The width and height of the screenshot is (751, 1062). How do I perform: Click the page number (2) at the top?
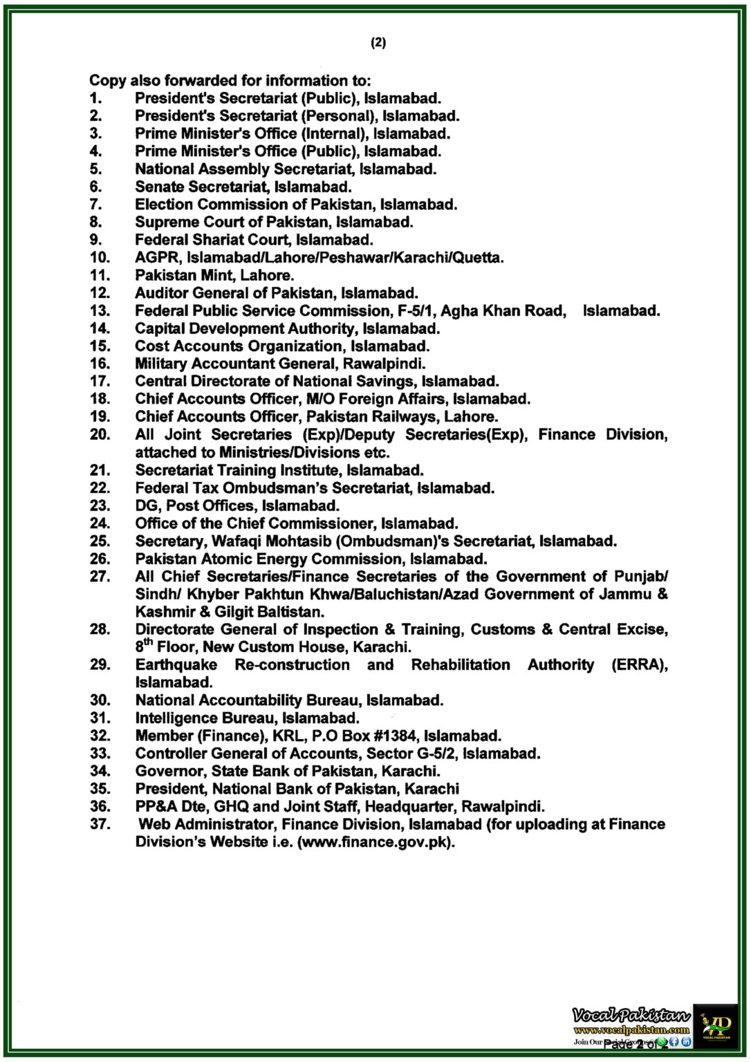click(x=378, y=43)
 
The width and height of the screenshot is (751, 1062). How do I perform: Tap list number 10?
click(x=100, y=257)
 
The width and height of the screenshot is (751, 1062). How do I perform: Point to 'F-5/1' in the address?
click(x=417, y=310)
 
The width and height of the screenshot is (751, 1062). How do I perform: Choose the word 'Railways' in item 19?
click(x=402, y=416)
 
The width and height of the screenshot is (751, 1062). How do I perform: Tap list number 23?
click(x=100, y=505)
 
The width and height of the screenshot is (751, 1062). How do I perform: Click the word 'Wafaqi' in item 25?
click(x=237, y=541)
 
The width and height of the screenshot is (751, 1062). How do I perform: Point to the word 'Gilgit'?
click(x=234, y=612)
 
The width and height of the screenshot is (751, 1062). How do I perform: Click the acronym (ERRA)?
click(x=640, y=664)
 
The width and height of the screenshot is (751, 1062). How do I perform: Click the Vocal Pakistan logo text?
click(x=631, y=1015)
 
